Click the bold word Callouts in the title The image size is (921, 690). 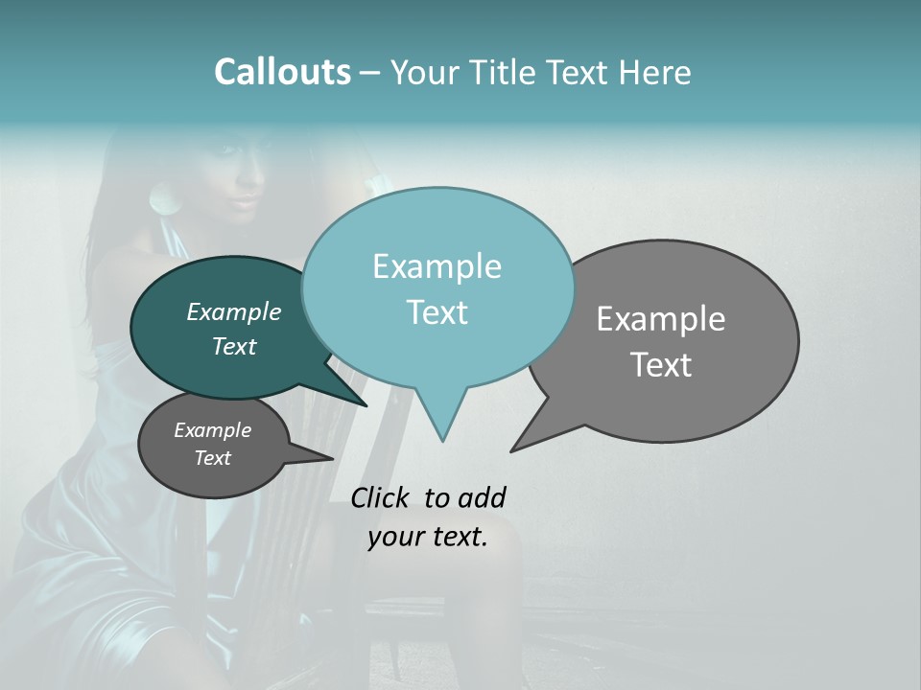(x=282, y=72)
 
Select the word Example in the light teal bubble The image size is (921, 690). (x=437, y=266)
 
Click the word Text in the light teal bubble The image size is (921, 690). (x=437, y=312)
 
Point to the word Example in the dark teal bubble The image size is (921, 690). (x=233, y=311)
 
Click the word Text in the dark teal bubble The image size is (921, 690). (x=233, y=346)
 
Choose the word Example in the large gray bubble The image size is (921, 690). (x=660, y=319)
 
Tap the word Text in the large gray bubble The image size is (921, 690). (x=660, y=365)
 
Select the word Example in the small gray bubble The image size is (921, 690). (x=212, y=430)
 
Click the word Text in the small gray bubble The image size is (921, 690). (x=212, y=458)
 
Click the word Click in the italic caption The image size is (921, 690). (x=382, y=497)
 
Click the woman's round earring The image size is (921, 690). (x=159, y=199)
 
